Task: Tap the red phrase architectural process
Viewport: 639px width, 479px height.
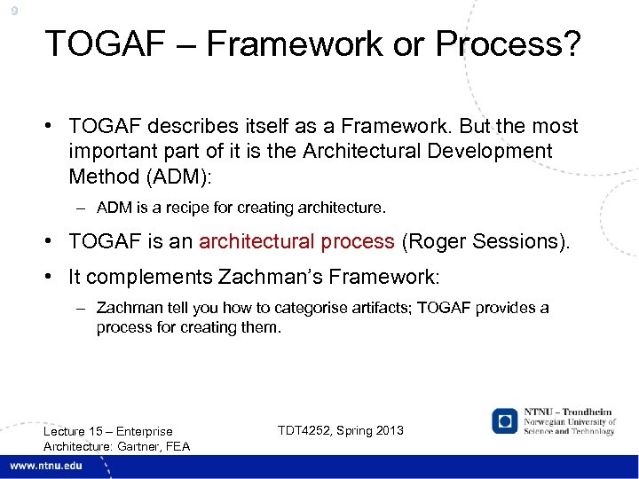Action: [x=296, y=241]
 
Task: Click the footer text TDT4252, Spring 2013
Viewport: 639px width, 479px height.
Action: [x=340, y=430]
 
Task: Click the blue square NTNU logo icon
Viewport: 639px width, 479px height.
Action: [x=505, y=420]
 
